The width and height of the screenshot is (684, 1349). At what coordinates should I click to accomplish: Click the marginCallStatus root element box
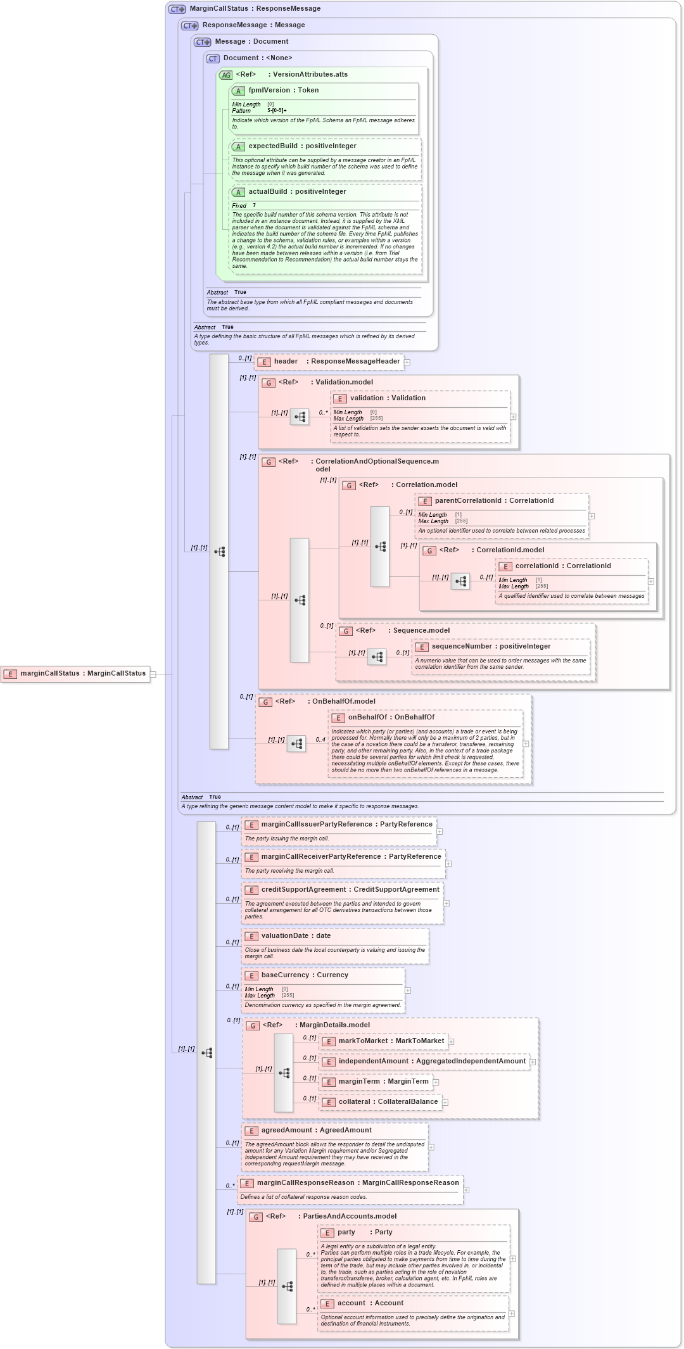click(x=76, y=674)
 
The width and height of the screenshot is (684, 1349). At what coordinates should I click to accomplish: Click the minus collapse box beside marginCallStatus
click(x=153, y=674)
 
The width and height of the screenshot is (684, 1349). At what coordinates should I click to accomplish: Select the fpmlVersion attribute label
click(x=283, y=91)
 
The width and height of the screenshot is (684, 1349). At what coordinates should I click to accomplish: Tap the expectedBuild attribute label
click(x=301, y=146)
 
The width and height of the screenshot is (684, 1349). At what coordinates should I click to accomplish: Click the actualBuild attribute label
click(x=296, y=192)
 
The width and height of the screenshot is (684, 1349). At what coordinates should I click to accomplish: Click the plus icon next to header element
click(x=407, y=362)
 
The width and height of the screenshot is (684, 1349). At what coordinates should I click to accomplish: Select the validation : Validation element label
click(x=387, y=398)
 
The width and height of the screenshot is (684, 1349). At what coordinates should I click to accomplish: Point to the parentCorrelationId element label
click(x=493, y=501)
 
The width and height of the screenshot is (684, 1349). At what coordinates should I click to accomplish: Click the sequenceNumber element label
click(x=490, y=647)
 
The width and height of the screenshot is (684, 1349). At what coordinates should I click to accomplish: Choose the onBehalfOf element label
click(x=391, y=718)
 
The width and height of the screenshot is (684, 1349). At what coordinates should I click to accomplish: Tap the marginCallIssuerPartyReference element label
click(x=346, y=825)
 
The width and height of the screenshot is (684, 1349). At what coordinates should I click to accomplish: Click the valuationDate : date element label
click(x=295, y=936)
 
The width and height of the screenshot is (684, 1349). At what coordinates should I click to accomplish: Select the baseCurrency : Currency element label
click(x=304, y=975)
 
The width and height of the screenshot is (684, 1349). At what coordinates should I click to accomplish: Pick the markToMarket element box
click(x=387, y=1041)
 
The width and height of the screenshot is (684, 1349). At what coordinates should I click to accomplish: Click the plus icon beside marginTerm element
click(x=436, y=1082)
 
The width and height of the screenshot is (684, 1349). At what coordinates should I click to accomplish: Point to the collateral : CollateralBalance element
click(x=387, y=1102)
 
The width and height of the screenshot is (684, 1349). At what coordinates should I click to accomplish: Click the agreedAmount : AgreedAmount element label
click(x=316, y=1130)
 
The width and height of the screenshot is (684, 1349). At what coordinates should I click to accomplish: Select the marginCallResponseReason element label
click(x=357, y=1183)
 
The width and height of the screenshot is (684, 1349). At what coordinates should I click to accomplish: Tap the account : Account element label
click(x=370, y=1303)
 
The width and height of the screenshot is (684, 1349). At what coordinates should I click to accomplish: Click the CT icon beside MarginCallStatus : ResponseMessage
click(x=177, y=9)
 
